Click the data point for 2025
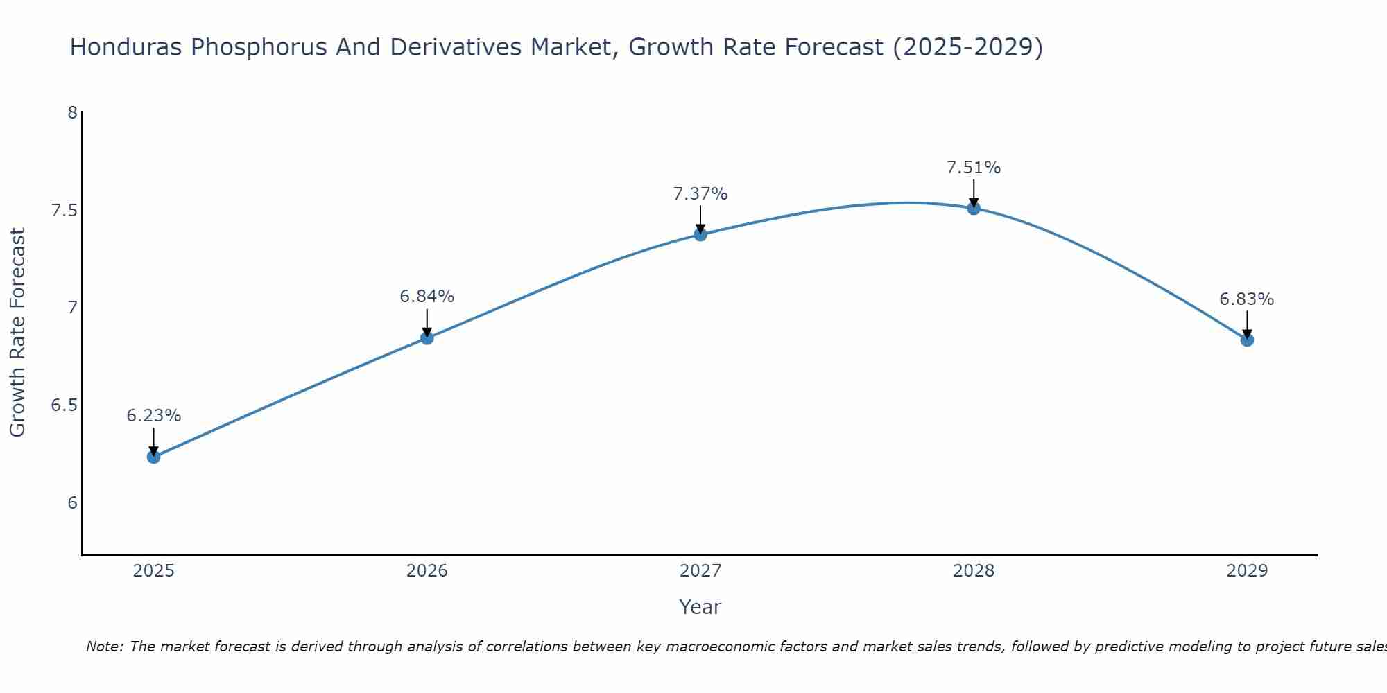pyautogui.click(x=153, y=457)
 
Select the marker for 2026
pyautogui.click(x=427, y=337)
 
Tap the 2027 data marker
pyautogui.click(x=700, y=234)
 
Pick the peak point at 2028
pyautogui.click(x=974, y=208)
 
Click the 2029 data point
pyautogui.click(x=1247, y=340)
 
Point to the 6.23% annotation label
pyautogui.click(x=153, y=416)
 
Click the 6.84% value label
pyautogui.click(x=427, y=297)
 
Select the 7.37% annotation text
pyautogui.click(x=700, y=194)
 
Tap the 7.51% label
pyautogui.click(x=974, y=168)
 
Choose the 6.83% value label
pyautogui.click(x=1247, y=299)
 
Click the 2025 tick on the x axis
pyautogui.click(x=153, y=571)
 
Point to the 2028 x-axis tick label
pyautogui.click(x=974, y=571)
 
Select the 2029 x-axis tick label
pyautogui.click(x=1247, y=571)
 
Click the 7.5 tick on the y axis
pyautogui.click(x=64, y=210)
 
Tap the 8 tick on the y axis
pyautogui.click(x=72, y=112)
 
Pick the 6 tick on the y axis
pyautogui.click(x=72, y=503)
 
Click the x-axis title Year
pyautogui.click(x=700, y=607)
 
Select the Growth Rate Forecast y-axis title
pyautogui.click(x=18, y=333)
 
